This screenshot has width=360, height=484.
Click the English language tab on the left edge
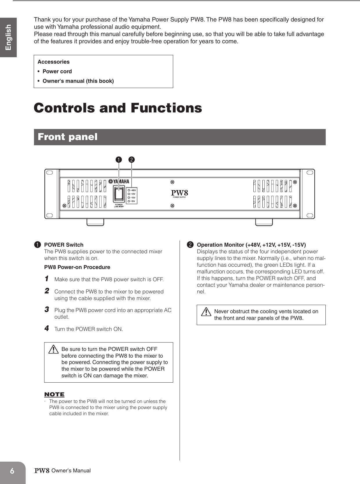tap(8, 37)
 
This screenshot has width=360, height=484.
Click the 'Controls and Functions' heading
tap(118, 108)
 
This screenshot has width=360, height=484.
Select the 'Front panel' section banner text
tap(67, 137)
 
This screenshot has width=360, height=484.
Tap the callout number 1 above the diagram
tap(119, 160)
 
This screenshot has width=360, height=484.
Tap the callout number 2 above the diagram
tap(132, 160)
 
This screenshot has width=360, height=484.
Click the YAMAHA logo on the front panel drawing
tap(119, 182)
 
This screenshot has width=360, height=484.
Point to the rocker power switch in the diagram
tap(119, 194)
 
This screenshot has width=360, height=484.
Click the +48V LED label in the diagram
tap(133, 190)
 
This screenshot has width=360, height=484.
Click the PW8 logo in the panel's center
tap(179, 193)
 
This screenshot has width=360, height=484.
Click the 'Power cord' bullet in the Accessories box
tap(57, 71)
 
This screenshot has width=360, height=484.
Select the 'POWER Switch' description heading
tap(64, 245)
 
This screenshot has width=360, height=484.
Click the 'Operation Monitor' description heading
tap(251, 245)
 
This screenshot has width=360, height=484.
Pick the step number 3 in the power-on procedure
tap(47, 310)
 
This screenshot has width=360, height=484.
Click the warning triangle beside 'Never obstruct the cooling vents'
tap(206, 312)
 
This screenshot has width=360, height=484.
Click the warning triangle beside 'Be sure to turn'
tap(53, 349)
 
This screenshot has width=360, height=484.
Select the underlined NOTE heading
tap(54, 395)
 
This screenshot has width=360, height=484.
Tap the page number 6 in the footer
tap(12, 471)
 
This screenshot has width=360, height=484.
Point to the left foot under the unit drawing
tap(95, 222)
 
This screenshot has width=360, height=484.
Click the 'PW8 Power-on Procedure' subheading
tap(77, 267)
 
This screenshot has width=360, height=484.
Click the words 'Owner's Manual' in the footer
tap(71, 471)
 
